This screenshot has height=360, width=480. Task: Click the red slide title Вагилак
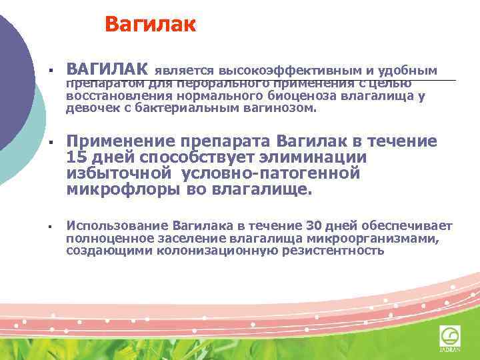point(150,25)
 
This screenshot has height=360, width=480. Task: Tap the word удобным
point(413,70)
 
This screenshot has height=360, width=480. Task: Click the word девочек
point(89,107)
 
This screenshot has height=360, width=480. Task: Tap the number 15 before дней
point(77,157)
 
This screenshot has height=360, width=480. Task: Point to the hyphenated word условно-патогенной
point(271,173)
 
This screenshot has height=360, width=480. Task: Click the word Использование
point(117,226)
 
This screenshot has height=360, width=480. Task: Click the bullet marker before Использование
point(50,227)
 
